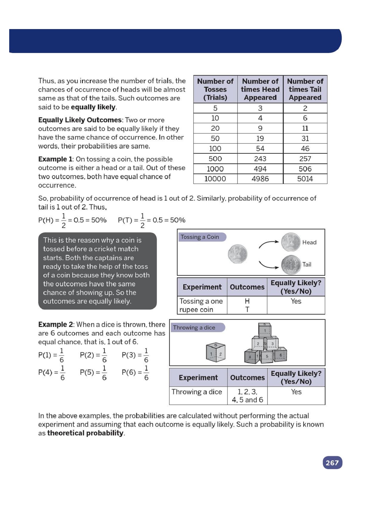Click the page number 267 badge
[332, 463]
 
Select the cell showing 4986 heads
[260, 179]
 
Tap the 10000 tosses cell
[215, 179]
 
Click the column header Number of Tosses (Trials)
[215, 89]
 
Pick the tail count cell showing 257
[305, 159]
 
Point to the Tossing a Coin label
[200, 237]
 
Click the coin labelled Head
[291, 242]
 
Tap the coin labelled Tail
[291, 265]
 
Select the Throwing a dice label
[194, 327]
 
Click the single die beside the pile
[216, 352]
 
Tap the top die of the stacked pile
[265, 330]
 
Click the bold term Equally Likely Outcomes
[80, 120]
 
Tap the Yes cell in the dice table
[296, 392]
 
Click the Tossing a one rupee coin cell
[201, 305]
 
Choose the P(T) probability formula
[151, 220]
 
